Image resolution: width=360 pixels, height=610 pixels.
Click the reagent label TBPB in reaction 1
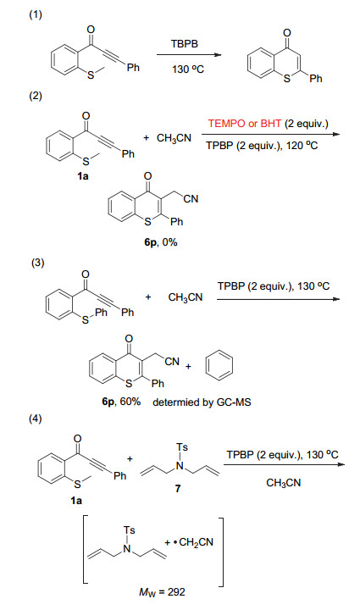[x=185, y=43]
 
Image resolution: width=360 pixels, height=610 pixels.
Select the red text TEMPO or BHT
[x=244, y=124]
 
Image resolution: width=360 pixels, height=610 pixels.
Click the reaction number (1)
[x=36, y=14]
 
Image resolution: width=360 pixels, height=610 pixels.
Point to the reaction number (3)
[x=38, y=263]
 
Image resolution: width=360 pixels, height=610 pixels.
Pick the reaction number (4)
[x=36, y=419]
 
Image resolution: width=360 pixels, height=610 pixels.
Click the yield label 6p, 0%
[x=161, y=243]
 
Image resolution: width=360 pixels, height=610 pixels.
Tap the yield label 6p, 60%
[x=121, y=401]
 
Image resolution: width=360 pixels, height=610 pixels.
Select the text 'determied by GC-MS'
[x=202, y=402]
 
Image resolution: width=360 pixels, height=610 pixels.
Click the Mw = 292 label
[x=162, y=592]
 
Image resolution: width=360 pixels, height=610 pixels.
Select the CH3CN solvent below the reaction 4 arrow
[x=284, y=483]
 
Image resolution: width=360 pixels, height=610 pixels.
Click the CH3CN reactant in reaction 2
[x=174, y=138]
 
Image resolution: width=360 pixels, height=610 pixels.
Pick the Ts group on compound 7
[x=182, y=447]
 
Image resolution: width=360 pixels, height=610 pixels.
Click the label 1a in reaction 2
[x=83, y=176]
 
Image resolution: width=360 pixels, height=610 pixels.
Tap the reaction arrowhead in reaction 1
[x=218, y=55]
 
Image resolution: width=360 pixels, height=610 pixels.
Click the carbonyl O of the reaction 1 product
[x=287, y=33]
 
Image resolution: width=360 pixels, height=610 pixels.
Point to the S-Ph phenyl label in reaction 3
[x=101, y=313]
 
